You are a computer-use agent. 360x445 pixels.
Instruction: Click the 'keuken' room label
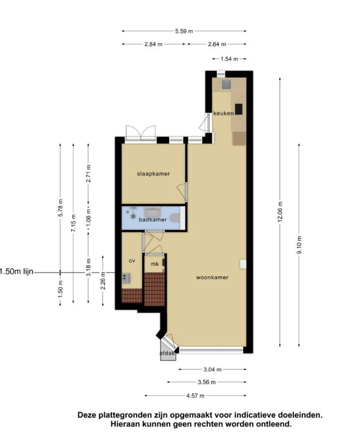pyautogui.click(x=223, y=113)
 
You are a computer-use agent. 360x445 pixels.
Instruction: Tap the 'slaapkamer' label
pyautogui.click(x=154, y=174)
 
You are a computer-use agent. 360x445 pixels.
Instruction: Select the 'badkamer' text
pyautogui.click(x=153, y=220)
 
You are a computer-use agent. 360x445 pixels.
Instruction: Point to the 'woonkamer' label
pyautogui.click(x=212, y=277)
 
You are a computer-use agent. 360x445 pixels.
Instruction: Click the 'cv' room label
pyautogui.click(x=132, y=261)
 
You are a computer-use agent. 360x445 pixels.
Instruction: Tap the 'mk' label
pyautogui.click(x=155, y=264)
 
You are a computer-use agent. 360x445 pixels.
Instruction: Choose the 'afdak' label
pyautogui.click(x=167, y=353)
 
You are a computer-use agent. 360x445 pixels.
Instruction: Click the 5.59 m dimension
pyautogui.click(x=184, y=31)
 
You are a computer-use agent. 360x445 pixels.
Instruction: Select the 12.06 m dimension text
pyautogui.click(x=280, y=212)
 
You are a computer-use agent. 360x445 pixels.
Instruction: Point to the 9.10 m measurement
pyautogui.click(x=299, y=245)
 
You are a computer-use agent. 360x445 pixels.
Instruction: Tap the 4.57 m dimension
pyautogui.click(x=195, y=395)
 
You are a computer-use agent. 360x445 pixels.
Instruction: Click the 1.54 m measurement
pyautogui.click(x=230, y=59)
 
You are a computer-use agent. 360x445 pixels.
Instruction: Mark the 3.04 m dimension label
pyautogui.click(x=213, y=369)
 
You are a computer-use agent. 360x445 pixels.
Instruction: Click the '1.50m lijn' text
pyautogui.click(x=16, y=272)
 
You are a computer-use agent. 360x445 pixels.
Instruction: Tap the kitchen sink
pyautogui.click(x=226, y=84)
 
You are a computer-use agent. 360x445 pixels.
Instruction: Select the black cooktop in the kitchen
pyautogui.click(x=239, y=109)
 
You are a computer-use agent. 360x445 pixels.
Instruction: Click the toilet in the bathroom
pyautogui.click(x=175, y=218)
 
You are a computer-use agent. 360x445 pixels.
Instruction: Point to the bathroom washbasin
pyautogui.click(x=153, y=212)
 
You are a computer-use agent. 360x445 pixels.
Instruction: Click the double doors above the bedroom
pyautogui.click(x=141, y=133)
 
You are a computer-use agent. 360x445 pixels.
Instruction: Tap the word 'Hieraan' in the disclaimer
pyautogui.click(x=125, y=424)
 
